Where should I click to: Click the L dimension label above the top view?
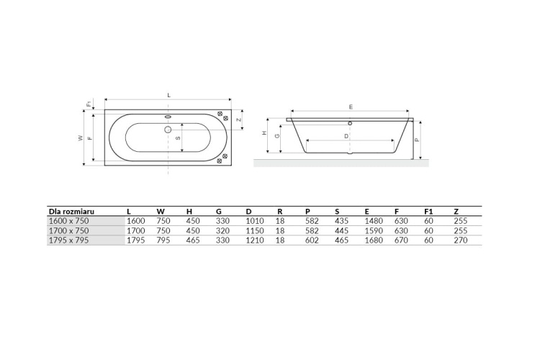pos(168,96)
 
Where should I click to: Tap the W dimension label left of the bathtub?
pos(81,138)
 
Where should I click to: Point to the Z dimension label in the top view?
pos(238,120)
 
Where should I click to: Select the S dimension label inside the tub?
pos(178,138)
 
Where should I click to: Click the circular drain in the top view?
pos(168,130)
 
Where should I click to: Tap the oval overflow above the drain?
pos(168,117)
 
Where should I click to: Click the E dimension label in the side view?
pos(351,107)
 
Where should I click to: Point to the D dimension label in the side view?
pos(346,136)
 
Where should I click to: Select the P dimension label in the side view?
pos(417,140)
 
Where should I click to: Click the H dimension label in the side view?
pos(264,133)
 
